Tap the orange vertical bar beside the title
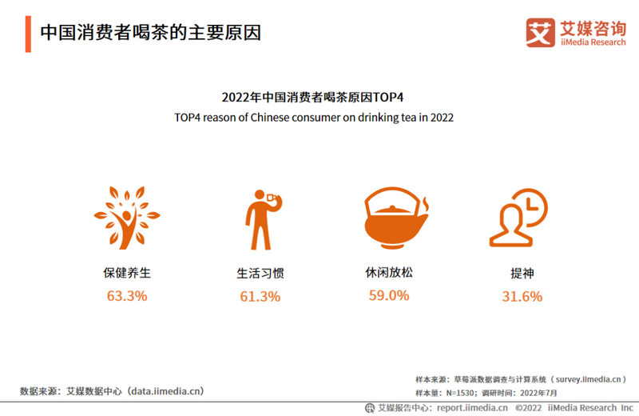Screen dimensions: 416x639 click(x=28, y=33)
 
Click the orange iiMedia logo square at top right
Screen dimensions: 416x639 click(x=540, y=33)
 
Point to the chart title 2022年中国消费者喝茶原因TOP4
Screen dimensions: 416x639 click(x=313, y=97)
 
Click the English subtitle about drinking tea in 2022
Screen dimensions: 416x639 click(x=314, y=117)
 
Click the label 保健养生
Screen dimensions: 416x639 click(x=126, y=273)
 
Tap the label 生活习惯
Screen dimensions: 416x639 click(x=260, y=273)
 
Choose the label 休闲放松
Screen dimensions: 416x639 click(x=391, y=272)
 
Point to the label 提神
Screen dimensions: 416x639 click(x=522, y=273)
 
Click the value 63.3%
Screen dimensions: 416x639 click(x=127, y=296)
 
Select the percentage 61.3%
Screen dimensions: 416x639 click(x=260, y=297)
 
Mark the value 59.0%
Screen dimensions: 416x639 click(x=389, y=295)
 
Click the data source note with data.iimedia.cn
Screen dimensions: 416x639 click(x=112, y=391)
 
